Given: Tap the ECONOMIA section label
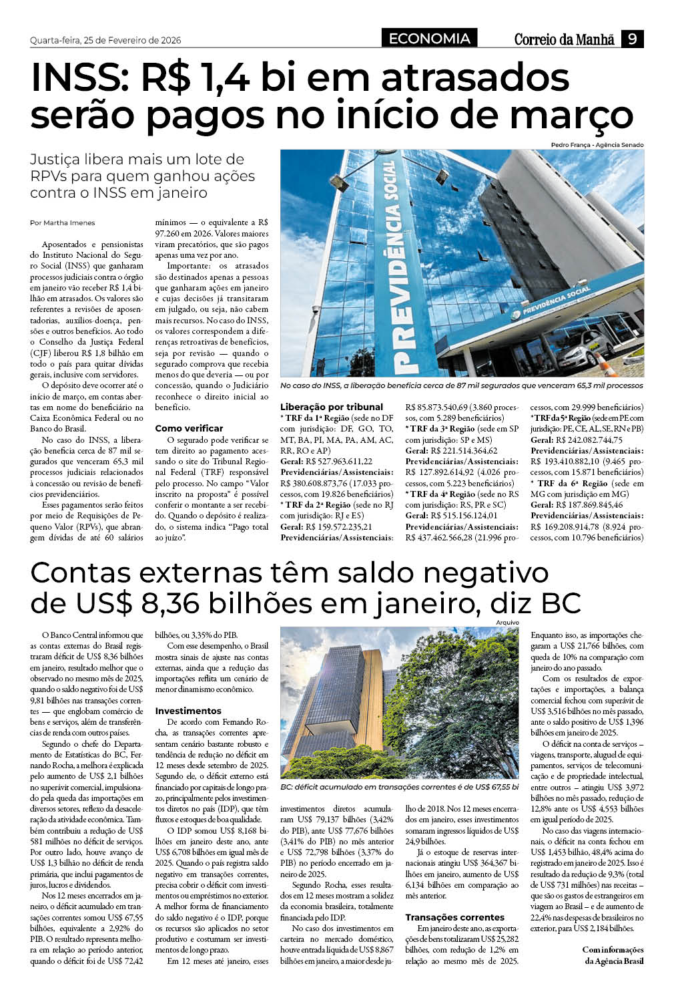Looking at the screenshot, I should click(430, 39).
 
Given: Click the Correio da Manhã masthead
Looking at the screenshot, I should click(564, 40).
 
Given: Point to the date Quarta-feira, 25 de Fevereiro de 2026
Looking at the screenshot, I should click(105, 41).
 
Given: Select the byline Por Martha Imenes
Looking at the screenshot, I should click(63, 223).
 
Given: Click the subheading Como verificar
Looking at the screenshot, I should click(189, 428).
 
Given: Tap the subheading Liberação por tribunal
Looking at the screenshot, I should click(332, 407).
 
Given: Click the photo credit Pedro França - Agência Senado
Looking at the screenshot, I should click(597, 145).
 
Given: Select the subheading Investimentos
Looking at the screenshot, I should click(188, 711).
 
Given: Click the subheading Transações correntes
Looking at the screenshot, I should click(455, 917).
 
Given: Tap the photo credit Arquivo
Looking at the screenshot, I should click(507, 623).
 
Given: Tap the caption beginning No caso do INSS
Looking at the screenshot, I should click(462, 385).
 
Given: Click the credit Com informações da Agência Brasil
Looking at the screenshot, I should click(613, 955).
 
